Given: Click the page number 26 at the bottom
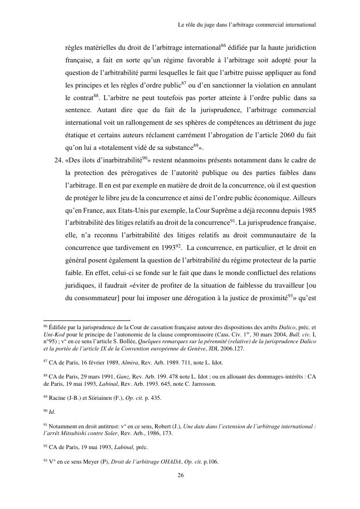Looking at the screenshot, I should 180,475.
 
